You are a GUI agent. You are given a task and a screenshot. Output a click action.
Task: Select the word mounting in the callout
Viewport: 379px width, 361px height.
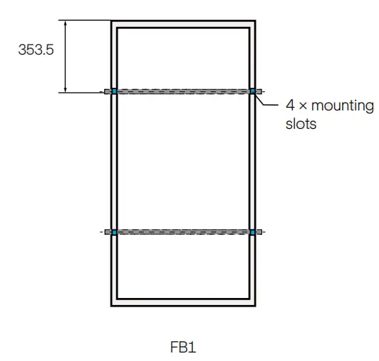pos(337,106)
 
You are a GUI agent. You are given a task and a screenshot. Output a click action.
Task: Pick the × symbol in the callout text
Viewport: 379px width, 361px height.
pos(301,107)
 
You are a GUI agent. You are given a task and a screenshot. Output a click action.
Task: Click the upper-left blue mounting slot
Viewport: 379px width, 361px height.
pos(114,91)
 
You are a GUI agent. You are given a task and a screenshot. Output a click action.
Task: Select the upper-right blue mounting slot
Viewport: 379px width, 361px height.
pos(253,91)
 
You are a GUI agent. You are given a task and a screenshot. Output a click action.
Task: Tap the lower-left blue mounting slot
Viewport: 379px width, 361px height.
pos(114,231)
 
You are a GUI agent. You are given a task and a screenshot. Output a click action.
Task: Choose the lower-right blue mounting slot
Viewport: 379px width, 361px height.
pos(253,231)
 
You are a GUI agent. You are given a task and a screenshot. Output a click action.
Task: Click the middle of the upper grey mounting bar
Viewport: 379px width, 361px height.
pos(183,91)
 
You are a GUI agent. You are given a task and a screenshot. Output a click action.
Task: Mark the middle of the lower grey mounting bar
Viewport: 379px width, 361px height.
pos(183,231)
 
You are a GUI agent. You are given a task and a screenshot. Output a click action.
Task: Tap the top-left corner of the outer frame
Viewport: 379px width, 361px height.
pos(112,21)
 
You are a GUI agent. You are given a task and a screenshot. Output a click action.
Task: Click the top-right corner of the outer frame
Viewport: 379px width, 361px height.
pos(255,21)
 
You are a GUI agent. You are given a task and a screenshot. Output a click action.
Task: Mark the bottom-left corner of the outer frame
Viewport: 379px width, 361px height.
pos(112,305)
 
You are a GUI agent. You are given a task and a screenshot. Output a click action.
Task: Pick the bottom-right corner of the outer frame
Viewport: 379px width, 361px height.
pos(255,305)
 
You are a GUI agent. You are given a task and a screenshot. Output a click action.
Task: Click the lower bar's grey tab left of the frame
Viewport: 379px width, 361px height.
pos(108,231)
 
